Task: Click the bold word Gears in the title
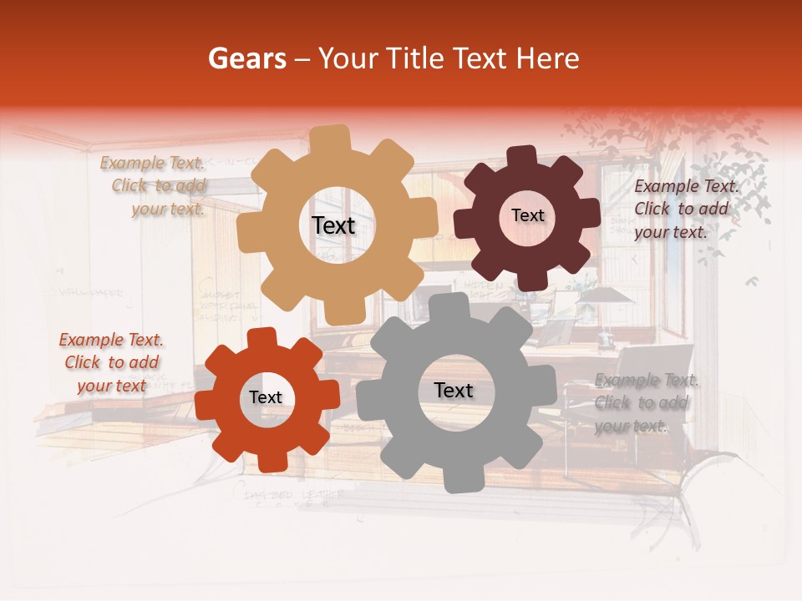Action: tap(246, 58)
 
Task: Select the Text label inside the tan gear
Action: tap(333, 225)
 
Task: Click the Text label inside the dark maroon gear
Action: tap(527, 215)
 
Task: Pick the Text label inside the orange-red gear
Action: tap(266, 397)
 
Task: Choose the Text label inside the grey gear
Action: tap(453, 390)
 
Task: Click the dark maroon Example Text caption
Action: tap(685, 209)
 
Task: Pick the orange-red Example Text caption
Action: tap(111, 362)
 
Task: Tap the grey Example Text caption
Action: tap(645, 403)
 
